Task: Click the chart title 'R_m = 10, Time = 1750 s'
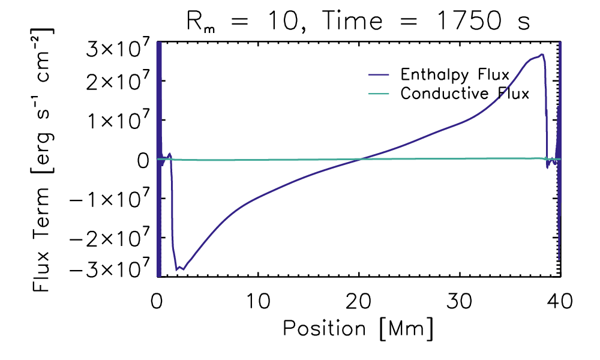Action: (358, 23)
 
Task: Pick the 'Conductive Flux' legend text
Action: (465, 94)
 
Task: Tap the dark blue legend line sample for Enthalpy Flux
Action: (379, 76)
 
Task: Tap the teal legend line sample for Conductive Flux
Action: (379, 94)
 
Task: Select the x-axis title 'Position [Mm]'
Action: (358, 328)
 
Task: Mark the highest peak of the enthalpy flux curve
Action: (542, 55)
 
